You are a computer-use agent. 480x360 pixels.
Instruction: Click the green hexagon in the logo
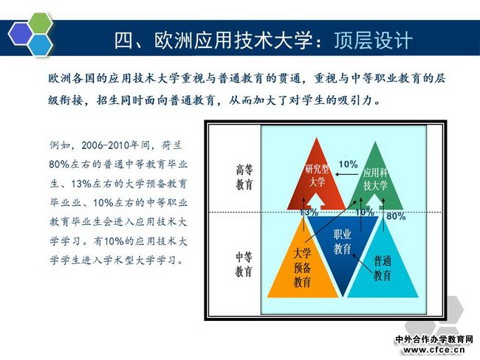pos(38,24)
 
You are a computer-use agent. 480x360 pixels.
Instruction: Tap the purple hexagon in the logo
pos(21,34)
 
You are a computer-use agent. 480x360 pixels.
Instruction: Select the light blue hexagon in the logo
pos(40,45)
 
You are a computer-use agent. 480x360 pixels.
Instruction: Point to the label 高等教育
pos(244,177)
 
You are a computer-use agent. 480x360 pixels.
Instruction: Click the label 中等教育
pos(244,264)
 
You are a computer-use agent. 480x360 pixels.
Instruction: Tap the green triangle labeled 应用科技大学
pos(376,176)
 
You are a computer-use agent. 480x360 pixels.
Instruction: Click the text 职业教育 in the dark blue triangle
pos(342,242)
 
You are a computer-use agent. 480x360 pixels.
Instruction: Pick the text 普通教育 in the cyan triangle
pos(383,269)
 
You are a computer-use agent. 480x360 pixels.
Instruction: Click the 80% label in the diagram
pos(396,216)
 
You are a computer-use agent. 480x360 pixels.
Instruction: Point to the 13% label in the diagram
pos(309,212)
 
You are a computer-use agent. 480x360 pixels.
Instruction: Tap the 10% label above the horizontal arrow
pos(348,165)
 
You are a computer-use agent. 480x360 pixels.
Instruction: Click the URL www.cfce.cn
pos(434,350)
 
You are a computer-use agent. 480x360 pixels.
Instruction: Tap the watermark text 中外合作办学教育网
pos(434,339)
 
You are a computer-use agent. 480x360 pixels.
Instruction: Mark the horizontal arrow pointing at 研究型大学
pos(346,174)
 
